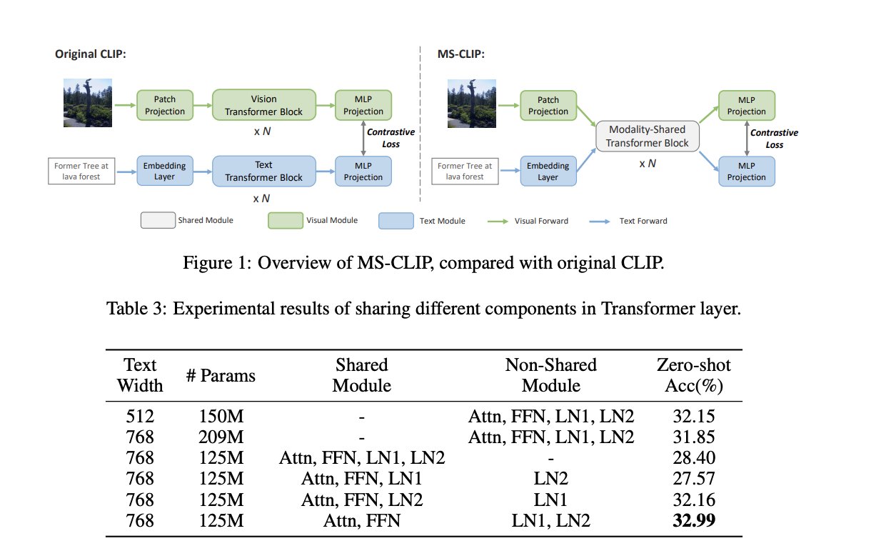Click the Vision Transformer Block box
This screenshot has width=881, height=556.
click(263, 105)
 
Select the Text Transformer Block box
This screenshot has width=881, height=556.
click(263, 172)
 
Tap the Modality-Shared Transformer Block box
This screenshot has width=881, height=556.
click(648, 136)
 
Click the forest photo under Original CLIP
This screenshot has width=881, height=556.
click(89, 103)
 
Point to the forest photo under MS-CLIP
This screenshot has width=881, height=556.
click(472, 103)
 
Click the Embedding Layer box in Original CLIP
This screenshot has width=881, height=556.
click(165, 172)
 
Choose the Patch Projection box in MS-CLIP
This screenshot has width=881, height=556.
click(548, 105)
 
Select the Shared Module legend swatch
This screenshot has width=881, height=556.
click(156, 220)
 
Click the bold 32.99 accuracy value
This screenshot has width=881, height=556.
click(694, 521)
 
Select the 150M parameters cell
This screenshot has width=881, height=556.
click(221, 416)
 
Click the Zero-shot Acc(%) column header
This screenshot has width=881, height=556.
click(693, 375)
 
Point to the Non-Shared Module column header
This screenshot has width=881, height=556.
click(550, 375)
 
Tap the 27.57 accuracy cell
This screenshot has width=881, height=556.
click(694, 479)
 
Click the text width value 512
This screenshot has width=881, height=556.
click(140, 416)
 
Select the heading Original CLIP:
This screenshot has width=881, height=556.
click(91, 54)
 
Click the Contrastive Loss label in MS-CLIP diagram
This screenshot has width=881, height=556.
click(774, 139)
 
